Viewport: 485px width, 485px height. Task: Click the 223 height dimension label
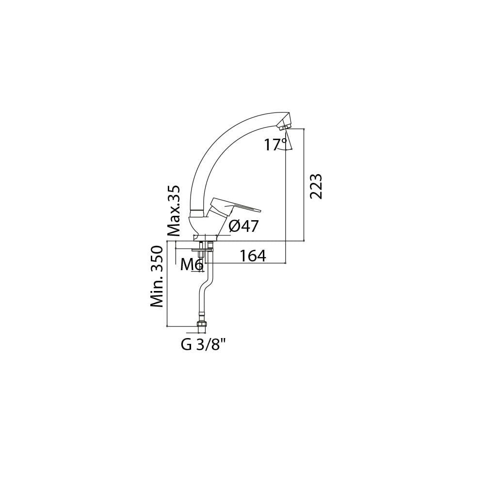point(316,187)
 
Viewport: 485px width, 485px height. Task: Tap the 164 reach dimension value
point(253,256)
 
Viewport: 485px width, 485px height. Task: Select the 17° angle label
point(275,145)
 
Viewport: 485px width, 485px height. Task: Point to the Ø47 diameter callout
point(243,226)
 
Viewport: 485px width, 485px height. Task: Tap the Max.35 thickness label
point(174,211)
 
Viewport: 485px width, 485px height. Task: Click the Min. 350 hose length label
point(157,276)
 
